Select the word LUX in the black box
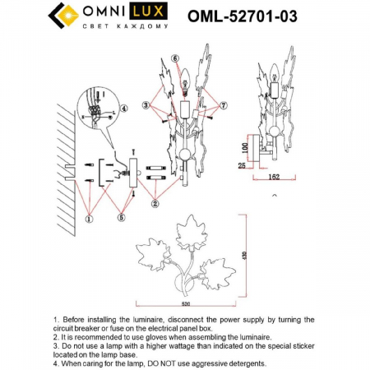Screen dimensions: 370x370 [135, 15]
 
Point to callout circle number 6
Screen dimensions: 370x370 [175, 58]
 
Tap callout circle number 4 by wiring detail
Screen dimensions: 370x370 [123, 108]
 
